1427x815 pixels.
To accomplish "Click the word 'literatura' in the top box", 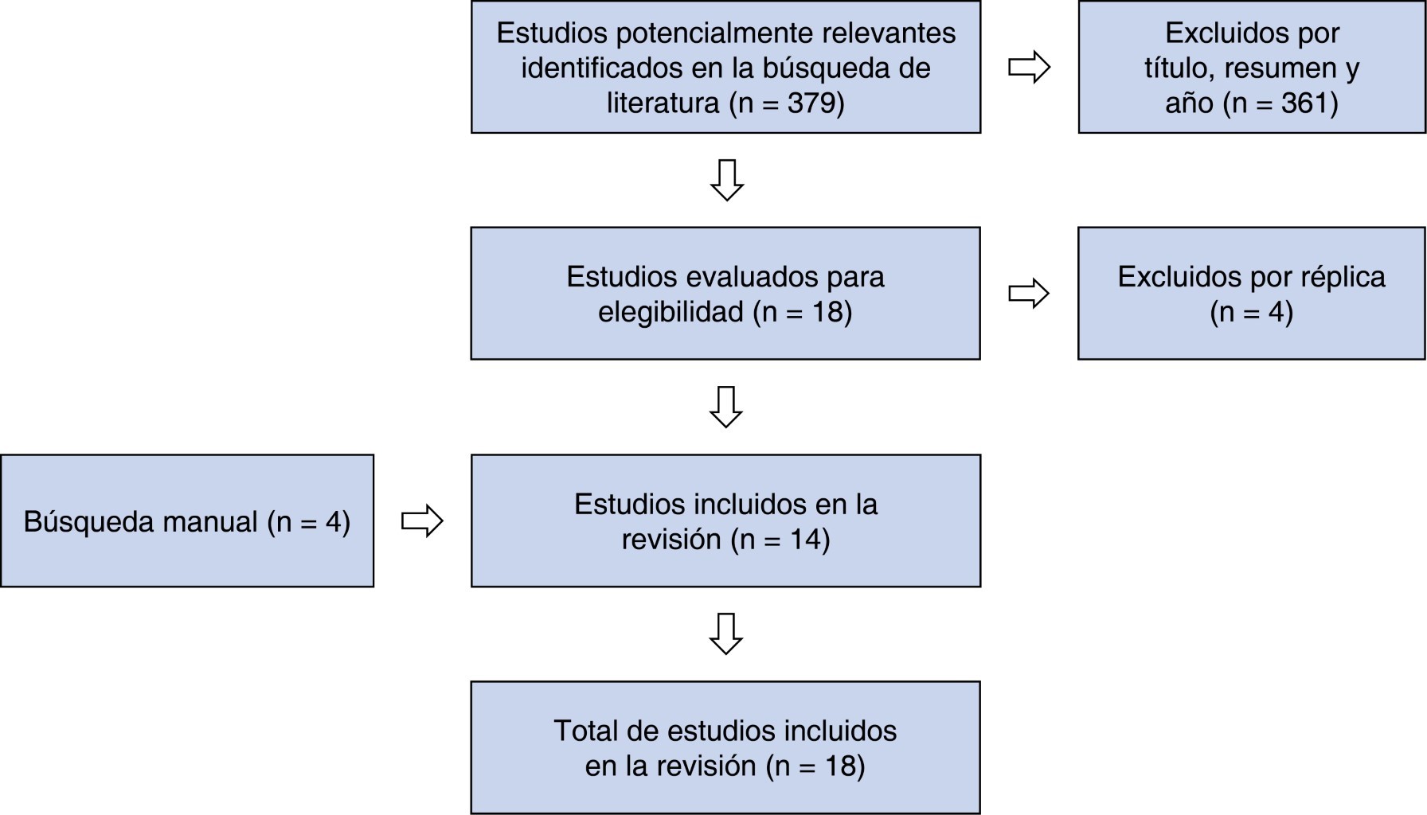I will point(663,103).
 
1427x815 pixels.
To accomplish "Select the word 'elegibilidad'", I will point(670,312).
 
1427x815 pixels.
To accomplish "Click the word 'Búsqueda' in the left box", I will point(89,522).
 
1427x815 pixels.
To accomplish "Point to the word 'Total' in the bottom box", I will point(584,731).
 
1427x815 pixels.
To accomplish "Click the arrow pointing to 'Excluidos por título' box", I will point(1029,67).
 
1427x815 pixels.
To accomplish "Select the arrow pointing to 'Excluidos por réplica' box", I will point(1029,294).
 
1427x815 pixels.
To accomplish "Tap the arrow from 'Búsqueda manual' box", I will point(422,521).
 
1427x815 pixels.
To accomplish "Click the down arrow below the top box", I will point(726,180).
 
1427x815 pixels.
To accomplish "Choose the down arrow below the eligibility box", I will point(725,407).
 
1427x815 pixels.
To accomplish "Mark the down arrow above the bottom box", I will point(725,634).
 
